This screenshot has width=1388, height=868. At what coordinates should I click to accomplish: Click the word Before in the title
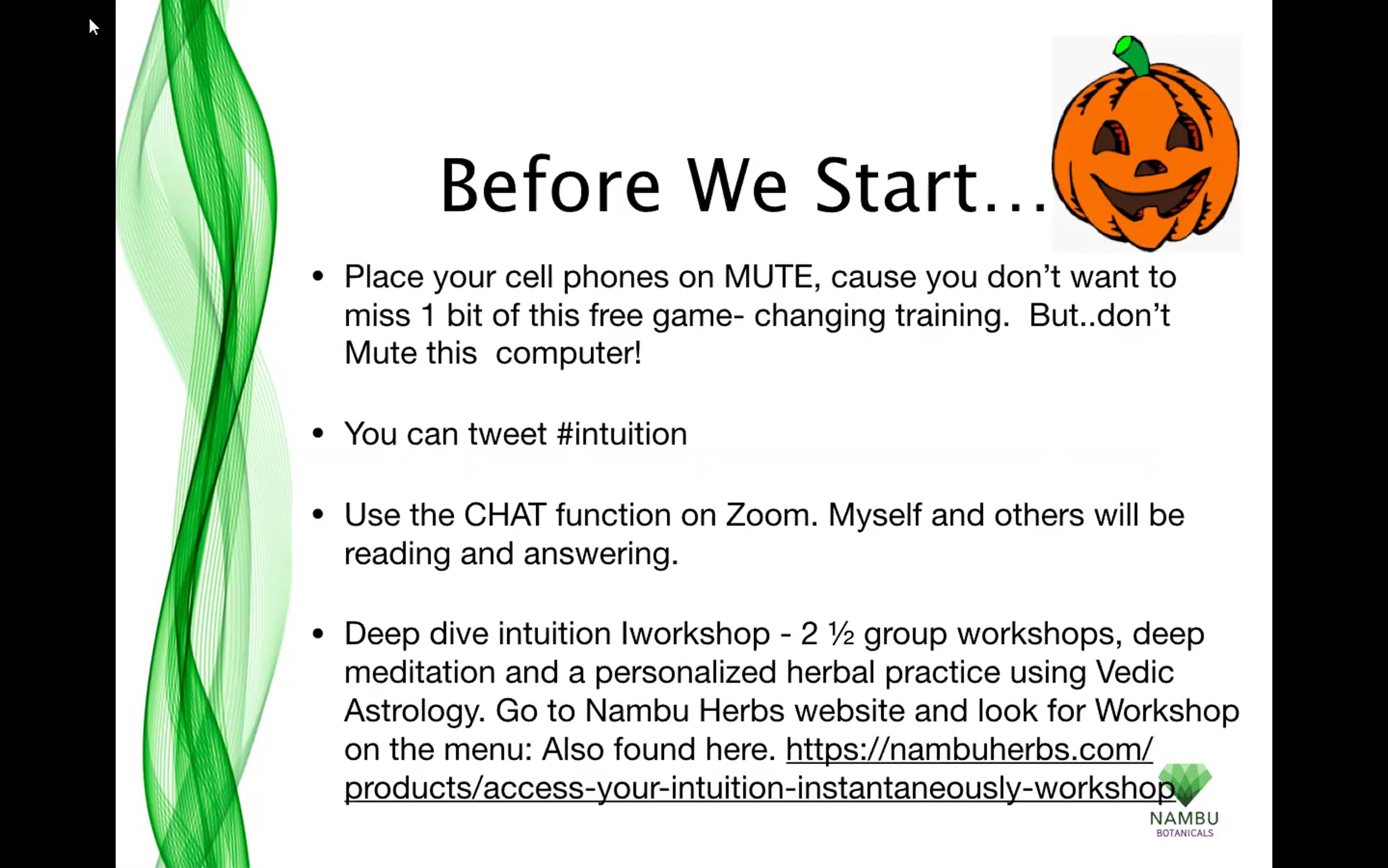pos(550,185)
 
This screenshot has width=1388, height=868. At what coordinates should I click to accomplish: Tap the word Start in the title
pos(896,185)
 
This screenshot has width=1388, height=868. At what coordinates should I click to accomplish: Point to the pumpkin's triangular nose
pos(1150,168)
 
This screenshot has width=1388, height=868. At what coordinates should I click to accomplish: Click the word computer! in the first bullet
pos(569,353)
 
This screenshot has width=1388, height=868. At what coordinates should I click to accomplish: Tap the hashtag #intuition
pos(622,434)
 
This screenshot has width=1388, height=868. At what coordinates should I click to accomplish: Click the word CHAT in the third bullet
pos(505,515)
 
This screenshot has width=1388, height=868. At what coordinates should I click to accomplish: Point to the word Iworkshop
pos(695,634)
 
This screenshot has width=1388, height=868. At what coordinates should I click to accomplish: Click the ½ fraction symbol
pos(841,634)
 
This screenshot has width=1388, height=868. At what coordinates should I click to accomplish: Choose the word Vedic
pos(1135,672)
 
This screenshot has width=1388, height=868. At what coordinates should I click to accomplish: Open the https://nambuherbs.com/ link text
pos(969,749)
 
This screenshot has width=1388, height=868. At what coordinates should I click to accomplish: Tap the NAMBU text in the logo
pos(1184,818)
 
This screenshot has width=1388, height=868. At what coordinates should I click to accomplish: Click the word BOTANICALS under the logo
pos(1185,833)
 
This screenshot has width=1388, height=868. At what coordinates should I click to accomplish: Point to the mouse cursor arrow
pos(94,27)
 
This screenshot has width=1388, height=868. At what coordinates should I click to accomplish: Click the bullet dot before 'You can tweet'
pos(318,433)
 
